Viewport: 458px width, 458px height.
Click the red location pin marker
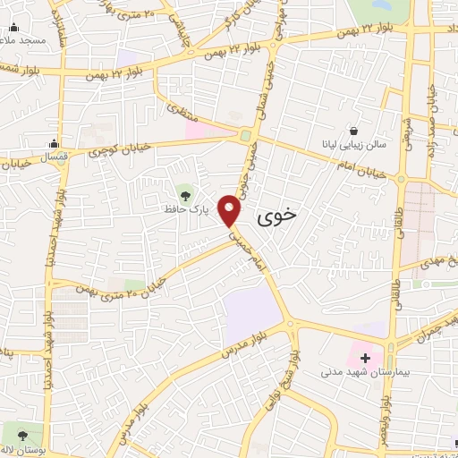pyautogui.click(x=232, y=210)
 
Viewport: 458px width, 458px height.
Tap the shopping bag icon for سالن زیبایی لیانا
pyautogui.click(x=355, y=129)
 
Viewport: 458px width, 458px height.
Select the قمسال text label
pyautogui.click(x=53, y=157)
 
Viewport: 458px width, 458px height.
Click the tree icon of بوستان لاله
pyautogui.click(x=13, y=429)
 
